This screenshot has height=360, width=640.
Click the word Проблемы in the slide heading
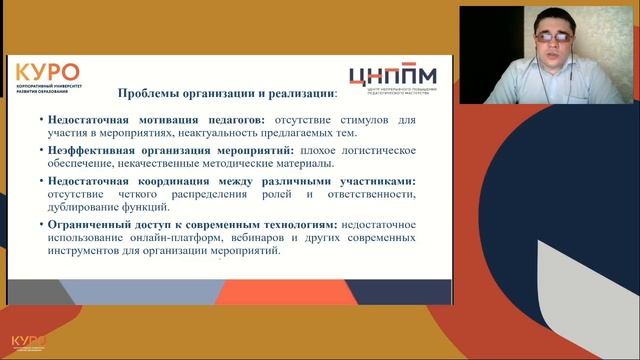coord(148,94)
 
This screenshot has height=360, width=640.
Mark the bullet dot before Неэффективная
coord(43,151)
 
